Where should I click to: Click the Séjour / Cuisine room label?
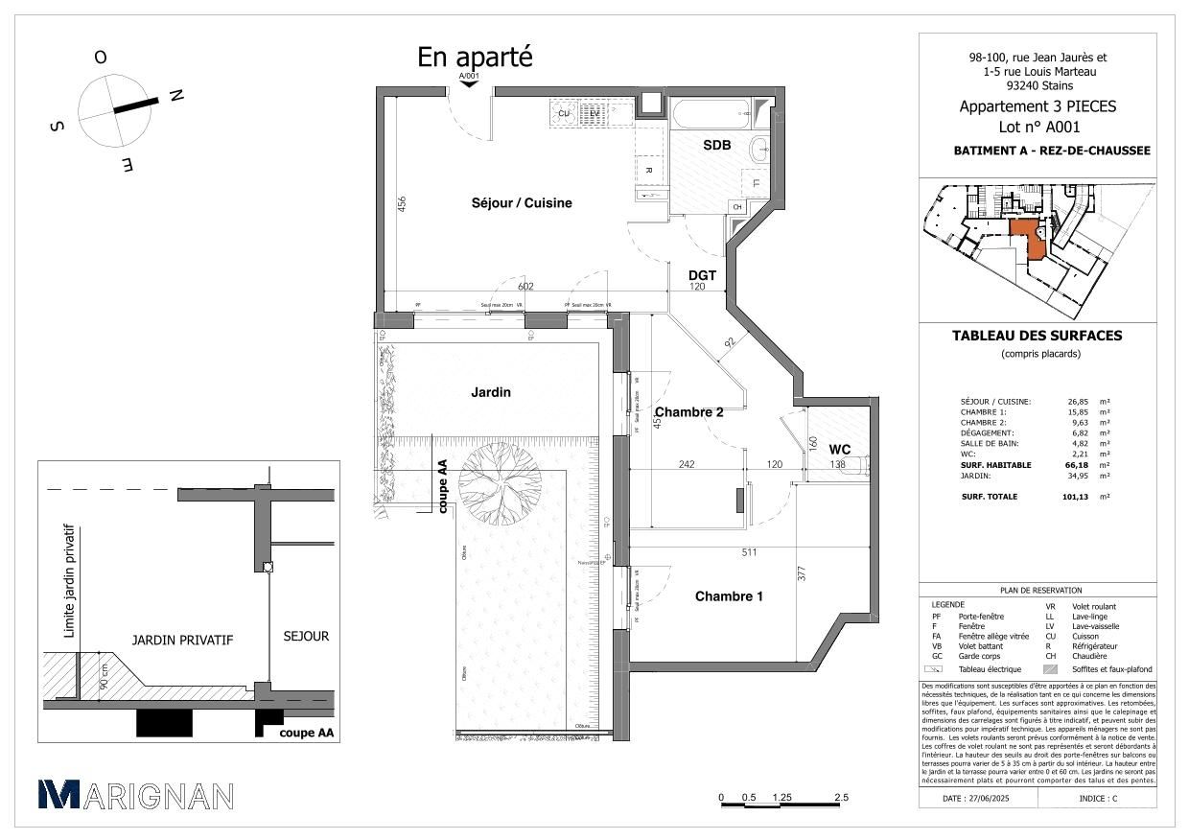[522, 203]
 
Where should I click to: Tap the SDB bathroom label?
[717, 145]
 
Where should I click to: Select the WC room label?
[840, 449]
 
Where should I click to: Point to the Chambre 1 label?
[729, 596]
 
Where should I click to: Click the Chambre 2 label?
[688, 412]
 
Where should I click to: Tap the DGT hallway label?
[703, 275]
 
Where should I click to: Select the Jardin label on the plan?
[490, 392]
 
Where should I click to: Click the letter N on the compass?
[175, 95]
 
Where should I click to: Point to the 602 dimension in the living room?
[525, 286]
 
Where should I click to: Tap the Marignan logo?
[135, 795]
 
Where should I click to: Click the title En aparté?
[474, 58]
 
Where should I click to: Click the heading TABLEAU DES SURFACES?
[1036, 336]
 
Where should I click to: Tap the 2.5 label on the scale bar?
[841, 797]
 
